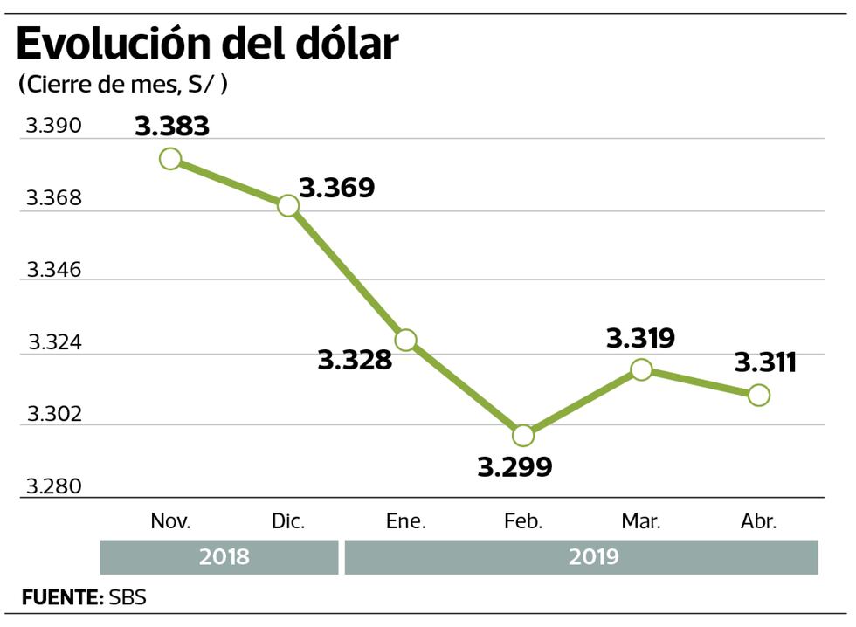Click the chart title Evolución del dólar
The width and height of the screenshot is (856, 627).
[207, 44]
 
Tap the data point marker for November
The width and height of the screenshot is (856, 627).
[170, 158]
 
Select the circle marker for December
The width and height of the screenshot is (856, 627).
[288, 205]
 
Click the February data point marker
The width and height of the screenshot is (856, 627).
[523, 435]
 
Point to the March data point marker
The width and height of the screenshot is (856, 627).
[641, 369]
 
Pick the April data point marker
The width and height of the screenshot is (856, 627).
[759, 395]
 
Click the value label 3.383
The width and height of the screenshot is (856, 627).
[172, 127]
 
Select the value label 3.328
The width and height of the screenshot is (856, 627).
[355, 360]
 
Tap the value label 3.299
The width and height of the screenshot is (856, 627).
[514, 467]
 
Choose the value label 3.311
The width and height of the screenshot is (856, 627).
[765, 362]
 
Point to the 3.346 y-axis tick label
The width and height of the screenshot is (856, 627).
[53, 270]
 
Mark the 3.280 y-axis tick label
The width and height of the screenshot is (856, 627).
[53, 486]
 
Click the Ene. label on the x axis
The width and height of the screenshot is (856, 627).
[406, 522]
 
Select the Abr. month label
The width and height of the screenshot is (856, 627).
[757, 522]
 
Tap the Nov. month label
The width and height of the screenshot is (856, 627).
[170, 522]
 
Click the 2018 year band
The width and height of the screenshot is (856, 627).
[219, 557]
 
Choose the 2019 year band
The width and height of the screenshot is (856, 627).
[582, 557]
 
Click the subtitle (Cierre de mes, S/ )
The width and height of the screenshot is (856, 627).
[122, 85]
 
